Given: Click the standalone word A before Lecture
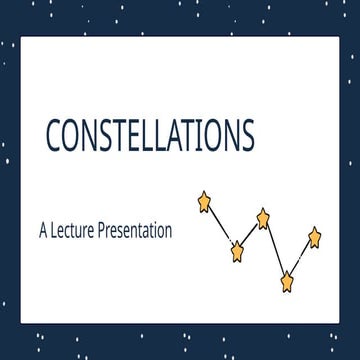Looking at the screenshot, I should (44, 229).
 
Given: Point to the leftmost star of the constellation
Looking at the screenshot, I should (206, 201).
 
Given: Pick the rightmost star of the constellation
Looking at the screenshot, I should (314, 236).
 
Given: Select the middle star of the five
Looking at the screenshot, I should (263, 216).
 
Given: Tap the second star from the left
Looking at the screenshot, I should (237, 251).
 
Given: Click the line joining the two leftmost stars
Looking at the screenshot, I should (221, 226).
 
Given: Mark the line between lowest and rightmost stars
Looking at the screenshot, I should (301, 258).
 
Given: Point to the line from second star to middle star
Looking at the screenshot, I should (250, 234).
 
